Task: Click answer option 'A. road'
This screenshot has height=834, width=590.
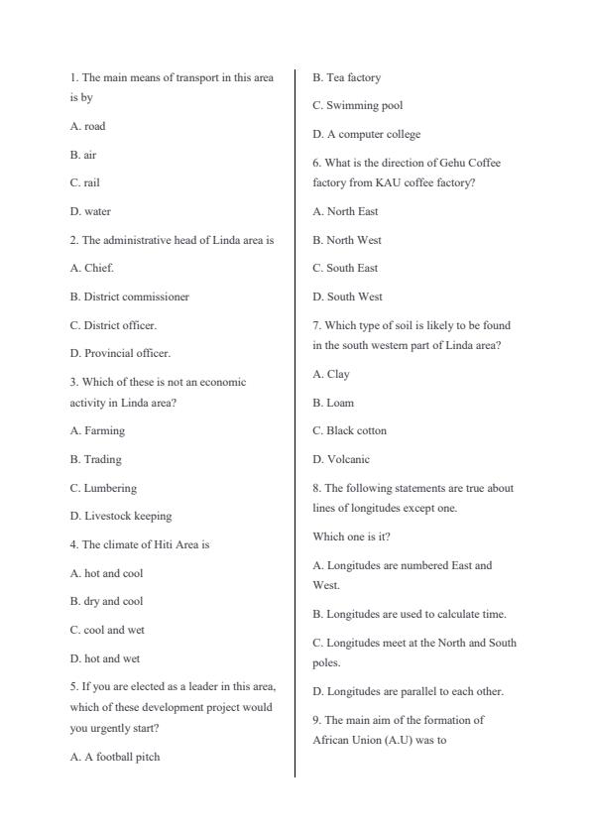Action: pos(87,127)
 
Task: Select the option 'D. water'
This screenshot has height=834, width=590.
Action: pos(90,211)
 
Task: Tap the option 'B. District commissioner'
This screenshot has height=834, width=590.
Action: pos(129,297)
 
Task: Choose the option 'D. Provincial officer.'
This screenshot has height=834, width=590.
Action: pos(120,353)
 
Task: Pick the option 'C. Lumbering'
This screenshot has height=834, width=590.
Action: pos(103,488)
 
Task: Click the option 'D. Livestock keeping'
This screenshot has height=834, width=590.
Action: pos(120,516)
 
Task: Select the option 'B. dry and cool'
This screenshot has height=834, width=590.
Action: pos(106,601)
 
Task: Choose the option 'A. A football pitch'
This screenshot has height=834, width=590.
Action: pos(114,757)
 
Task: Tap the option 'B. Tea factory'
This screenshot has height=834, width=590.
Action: pos(346,77)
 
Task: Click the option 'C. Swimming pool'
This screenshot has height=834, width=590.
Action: pos(357,105)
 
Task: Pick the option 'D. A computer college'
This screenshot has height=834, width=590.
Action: pos(366,134)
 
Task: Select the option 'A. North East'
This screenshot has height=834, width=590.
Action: pos(345,211)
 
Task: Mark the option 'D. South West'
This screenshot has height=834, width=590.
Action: pos(347,297)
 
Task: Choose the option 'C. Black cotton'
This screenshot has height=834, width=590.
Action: pos(349,430)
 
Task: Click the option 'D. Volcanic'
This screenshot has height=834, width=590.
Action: pos(340,459)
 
